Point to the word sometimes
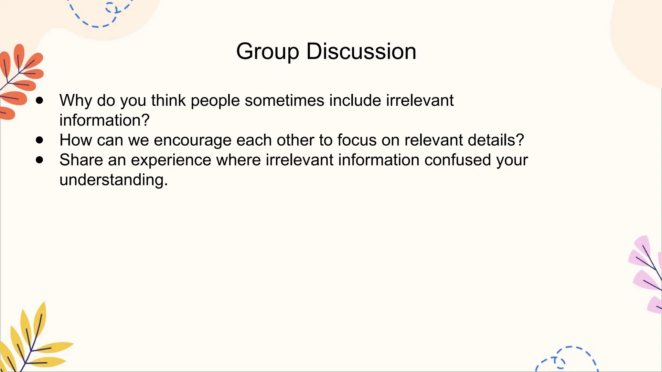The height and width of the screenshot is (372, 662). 284,100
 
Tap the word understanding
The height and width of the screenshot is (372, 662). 113,180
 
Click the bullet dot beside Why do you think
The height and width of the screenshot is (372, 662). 39,100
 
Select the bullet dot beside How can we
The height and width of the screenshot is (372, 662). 39,140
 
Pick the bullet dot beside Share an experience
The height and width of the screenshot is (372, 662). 39,160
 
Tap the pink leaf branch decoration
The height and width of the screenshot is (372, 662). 646,274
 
